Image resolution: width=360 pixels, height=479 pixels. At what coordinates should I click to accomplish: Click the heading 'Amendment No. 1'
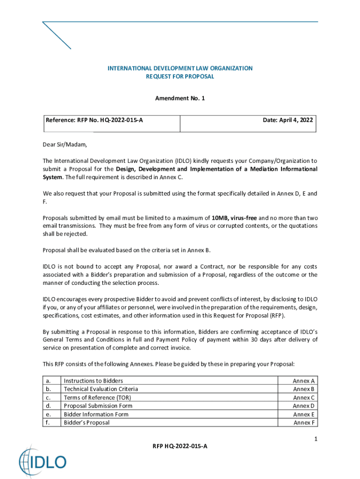(x=180, y=98)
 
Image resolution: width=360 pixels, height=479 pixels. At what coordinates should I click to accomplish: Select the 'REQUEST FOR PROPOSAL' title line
(x=180, y=77)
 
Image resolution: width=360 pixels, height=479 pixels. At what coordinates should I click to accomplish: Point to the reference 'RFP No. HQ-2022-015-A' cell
(x=94, y=120)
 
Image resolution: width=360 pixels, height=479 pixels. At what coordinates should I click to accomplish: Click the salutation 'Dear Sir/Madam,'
(x=65, y=144)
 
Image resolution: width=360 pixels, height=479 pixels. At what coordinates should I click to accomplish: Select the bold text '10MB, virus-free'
(x=234, y=218)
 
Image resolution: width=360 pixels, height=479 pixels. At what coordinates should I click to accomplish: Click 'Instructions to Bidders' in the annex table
(x=93, y=381)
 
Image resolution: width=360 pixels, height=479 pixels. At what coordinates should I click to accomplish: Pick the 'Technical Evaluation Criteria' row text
(x=101, y=389)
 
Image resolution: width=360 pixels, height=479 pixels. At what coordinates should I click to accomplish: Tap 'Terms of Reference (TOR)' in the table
(x=97, y=398)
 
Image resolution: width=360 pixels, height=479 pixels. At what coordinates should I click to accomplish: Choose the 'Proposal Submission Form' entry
(x=98, y=406)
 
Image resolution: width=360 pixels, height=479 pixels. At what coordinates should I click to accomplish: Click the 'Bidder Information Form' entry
(x=96, y=414)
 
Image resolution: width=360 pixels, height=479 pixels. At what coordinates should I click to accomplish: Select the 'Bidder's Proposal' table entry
(x=86, y=423)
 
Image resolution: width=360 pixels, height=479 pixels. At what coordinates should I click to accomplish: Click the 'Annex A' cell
(x=304, y=381)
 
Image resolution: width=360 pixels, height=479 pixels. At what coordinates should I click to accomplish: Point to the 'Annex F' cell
(x=304, y=423)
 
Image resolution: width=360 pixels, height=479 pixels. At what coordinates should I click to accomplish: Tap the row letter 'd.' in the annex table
(x=48, y=406)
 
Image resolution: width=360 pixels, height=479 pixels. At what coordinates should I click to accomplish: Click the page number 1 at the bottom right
(x=316, y=439)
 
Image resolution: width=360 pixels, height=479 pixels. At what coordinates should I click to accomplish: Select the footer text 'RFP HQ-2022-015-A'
(x=180, y=446)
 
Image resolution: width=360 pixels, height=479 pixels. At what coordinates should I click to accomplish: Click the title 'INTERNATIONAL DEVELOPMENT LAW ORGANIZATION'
(x=180, y=68)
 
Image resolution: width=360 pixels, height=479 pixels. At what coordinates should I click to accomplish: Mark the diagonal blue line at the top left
(x=57, y=36)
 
